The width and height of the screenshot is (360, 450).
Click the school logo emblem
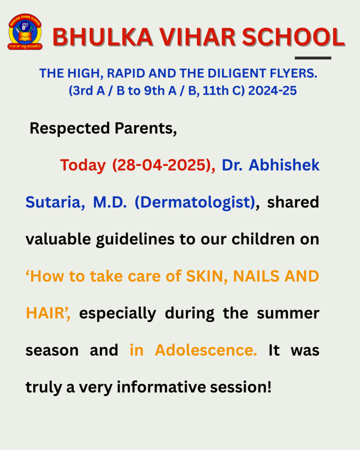click(25, 32)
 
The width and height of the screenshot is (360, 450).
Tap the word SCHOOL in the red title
click(293, 37)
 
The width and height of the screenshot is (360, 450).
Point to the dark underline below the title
click(313, 58)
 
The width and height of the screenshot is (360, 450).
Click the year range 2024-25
click(272, 91)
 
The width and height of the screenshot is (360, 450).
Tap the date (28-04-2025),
click(164, 165)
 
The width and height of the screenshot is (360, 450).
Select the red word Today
click(83, 166)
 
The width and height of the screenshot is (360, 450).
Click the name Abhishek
click(284, 165)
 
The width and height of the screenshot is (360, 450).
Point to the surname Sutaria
click(55, 202)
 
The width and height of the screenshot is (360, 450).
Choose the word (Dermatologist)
click(195, 202)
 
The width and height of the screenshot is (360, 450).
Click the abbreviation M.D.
click(110, 202)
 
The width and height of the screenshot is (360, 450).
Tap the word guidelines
click(135, 240)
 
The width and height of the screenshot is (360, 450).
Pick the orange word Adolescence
click(206, 350)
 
